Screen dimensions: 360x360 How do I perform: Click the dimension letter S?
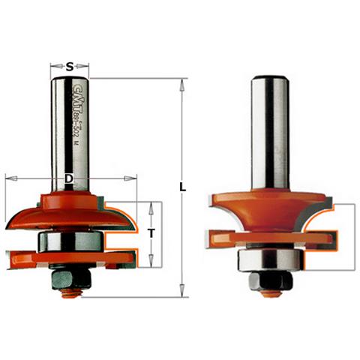[70, 66]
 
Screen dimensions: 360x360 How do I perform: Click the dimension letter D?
[69, 179]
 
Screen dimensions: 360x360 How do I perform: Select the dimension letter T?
[151, 234]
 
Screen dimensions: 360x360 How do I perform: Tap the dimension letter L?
[182, 187]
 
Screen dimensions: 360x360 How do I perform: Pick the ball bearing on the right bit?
[270, 259]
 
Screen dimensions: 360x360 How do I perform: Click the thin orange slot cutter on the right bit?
[270, 241]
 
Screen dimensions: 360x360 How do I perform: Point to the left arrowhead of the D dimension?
[8, 179]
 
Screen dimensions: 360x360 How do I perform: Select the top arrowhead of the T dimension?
[151, 205]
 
